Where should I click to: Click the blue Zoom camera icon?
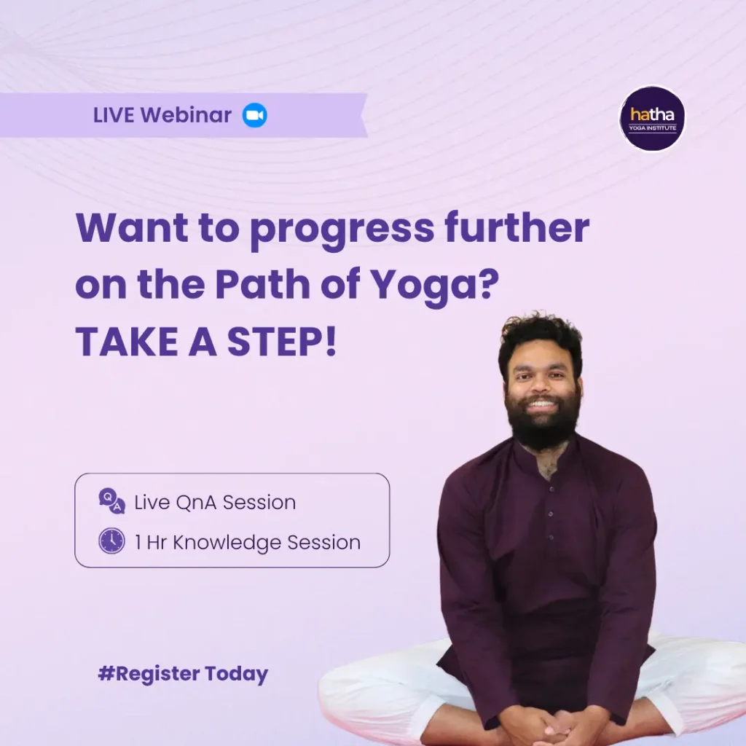coord(254,115)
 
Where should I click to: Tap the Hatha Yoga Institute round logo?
coord(652,119)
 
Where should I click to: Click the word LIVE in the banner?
coord(114,115)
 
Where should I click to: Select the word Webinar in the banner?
coord(186,115)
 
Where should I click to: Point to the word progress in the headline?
coord(342,230)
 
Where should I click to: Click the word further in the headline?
coord(517,227)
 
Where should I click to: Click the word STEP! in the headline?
coord(282,342)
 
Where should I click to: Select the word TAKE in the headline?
coord(127,342)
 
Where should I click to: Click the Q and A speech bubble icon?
coord(111,501)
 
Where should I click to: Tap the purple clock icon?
coord(111,541)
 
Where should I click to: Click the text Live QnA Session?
coord(215,503)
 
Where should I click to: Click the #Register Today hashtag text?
coord(183,674)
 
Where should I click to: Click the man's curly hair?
coord(541,338)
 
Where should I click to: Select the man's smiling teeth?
coord(542,404)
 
